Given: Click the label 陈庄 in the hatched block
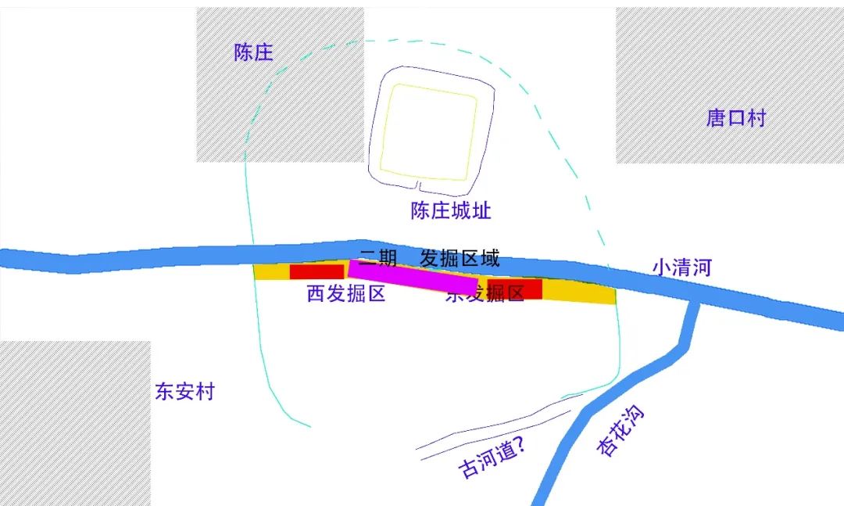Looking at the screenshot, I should click(x=254, y=53).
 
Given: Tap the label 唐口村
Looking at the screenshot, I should click(x=736, y=118).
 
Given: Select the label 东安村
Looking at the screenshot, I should click(x=184, y=392).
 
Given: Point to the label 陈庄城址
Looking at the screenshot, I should click(x=451, y=210).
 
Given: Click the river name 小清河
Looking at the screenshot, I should click(x=682, y=267).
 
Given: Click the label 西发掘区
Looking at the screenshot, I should click(x=346, y=294).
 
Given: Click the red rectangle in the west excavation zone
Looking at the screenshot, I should click(x=316, y=271).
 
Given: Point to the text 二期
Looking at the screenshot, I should click(x=379, y=259).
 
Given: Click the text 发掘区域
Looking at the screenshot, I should click(x=460, y=259).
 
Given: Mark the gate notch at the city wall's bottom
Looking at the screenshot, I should click(x=420, y=187).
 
